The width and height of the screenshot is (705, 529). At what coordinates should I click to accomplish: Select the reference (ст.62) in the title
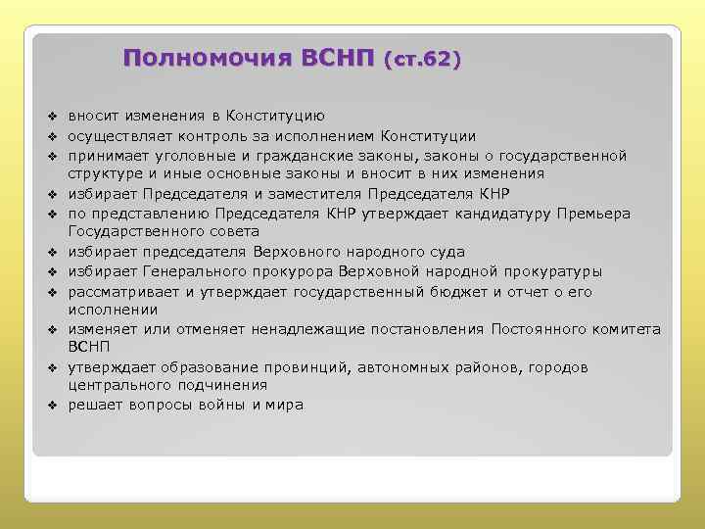(423, 59)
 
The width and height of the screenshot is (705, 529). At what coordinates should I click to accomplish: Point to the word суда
(446, 252)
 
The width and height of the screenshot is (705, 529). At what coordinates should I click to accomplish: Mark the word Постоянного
(540, 330)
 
